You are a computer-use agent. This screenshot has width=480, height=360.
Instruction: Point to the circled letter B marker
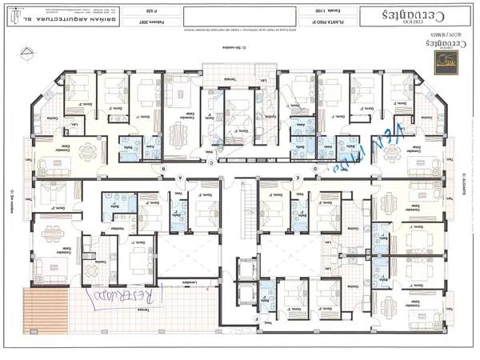163,170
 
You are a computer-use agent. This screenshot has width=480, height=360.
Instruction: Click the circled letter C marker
210,162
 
